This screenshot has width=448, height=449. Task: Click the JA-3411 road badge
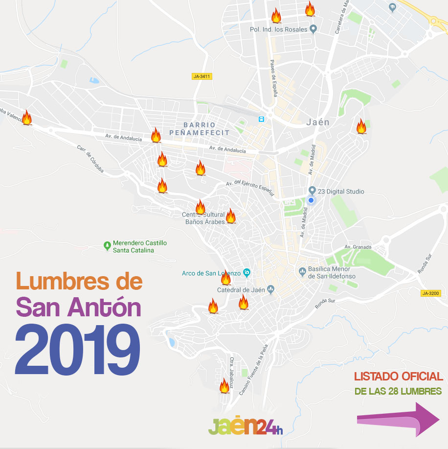tap(202, 76)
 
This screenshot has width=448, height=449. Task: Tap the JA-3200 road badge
tap(431, 293)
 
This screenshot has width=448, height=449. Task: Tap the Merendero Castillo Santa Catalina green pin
tap(108, 245)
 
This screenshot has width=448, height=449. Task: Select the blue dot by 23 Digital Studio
tap(311, 200)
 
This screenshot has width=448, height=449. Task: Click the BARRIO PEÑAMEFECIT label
tap(199, 129)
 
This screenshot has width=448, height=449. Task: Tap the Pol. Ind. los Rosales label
tap(278, 29)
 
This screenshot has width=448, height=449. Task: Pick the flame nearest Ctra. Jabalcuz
tap(224, 386)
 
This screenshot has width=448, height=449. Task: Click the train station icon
tap(262, 119)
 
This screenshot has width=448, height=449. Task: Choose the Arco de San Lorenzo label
tap(211, 273)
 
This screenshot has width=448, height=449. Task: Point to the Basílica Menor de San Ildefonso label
tap(332, 273)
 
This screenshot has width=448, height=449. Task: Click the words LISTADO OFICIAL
tap(399, 376)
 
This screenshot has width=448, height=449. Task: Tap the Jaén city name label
tap(317, 122)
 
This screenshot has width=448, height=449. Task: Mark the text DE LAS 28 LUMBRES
tap(398, 392)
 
